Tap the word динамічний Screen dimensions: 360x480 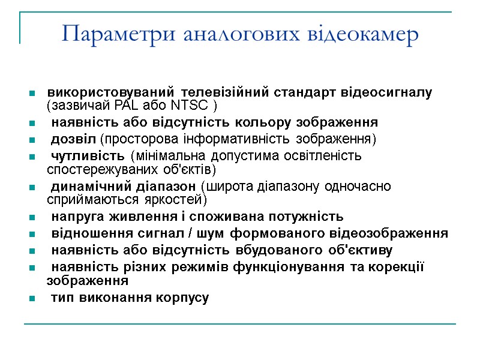pyautogui.click(x=85, y=187)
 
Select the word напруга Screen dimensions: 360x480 pyautogui.click(x=75, y=216)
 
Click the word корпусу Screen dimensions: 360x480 pyautogui.click(x=182, y=298)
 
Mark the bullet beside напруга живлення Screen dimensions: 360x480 pyautogui.click(x=31, y=217)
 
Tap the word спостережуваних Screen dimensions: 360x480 pyautogui.click(x=96, y=169)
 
